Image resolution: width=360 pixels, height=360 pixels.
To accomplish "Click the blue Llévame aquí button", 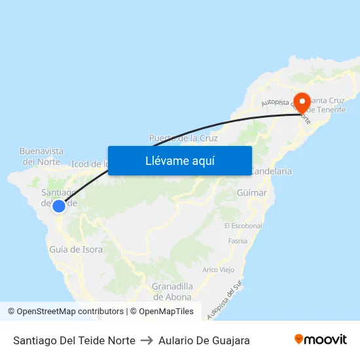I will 179,160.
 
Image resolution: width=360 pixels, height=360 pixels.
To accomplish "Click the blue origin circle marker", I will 59,206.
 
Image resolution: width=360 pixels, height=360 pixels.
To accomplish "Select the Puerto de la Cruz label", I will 183,138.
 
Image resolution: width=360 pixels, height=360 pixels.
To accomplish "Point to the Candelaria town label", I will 271,171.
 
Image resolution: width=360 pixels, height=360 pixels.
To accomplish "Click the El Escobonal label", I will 243,226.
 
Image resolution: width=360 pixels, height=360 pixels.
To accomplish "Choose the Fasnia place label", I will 238,241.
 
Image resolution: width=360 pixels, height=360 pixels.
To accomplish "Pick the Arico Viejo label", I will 219,270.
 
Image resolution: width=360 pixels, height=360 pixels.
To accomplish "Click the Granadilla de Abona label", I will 172,291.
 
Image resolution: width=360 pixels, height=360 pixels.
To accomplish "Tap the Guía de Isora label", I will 76,249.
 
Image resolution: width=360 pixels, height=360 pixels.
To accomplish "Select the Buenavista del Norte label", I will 41,156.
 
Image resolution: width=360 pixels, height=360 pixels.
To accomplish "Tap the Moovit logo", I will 321,340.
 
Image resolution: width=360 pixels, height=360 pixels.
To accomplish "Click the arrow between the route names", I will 147,340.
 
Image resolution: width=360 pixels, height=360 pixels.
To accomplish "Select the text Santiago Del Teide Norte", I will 74,340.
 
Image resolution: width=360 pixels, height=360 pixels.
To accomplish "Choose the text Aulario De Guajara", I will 204,340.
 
